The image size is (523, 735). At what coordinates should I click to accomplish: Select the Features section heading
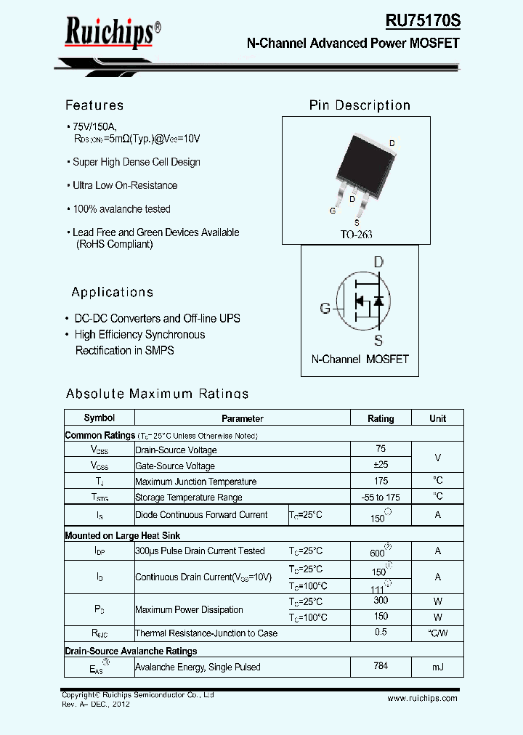pos(94,105)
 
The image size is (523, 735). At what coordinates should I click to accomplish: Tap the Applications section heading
pos(112,292)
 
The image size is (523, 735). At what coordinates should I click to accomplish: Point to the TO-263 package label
pos(357,235)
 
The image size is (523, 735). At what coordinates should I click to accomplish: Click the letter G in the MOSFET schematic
pos(325,308)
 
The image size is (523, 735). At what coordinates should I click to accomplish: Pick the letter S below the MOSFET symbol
pos(378,340)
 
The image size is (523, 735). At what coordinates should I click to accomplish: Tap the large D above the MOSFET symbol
pos(378,261)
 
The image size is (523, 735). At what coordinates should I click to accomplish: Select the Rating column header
pos(381,418)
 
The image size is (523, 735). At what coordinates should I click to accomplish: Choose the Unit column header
pos(437,418)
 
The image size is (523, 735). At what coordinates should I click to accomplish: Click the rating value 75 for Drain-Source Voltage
pos(381,450)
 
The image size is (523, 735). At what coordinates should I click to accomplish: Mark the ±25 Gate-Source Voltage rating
pos(381,466)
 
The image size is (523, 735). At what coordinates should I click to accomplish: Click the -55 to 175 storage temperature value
pos(381,498)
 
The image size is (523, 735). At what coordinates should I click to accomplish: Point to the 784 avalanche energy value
pos(381,666)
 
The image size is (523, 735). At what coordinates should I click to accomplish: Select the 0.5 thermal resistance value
pos(381,633)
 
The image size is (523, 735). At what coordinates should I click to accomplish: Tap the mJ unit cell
pos(437,667)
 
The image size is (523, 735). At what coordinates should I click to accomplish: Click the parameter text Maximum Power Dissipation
pos(189,609)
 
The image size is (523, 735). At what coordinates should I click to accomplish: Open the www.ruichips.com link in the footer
pos(422,698)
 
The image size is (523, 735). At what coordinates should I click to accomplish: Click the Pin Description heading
pos(360,105)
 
